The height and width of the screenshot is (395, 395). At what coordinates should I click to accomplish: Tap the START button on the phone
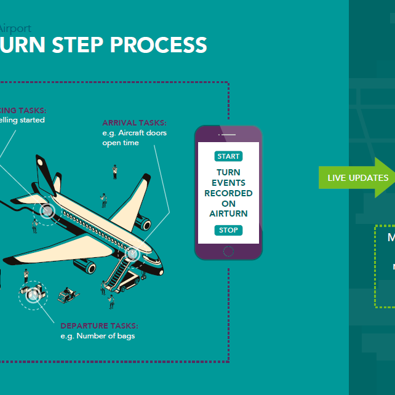tap(228, 156)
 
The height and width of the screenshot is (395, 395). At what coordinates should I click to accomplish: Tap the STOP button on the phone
tap(228, 231)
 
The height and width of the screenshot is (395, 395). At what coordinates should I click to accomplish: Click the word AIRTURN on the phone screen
tap(228, 213)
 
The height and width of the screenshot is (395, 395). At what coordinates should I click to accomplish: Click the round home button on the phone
tap(228, 251)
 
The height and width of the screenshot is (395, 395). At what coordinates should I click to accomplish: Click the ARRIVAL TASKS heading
tap(134, 123)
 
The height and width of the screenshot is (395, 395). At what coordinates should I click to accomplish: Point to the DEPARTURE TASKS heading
tap(99, 325)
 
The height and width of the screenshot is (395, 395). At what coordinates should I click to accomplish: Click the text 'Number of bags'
tap(106, 336)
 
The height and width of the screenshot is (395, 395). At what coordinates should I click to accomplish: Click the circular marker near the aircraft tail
tap(47, 211)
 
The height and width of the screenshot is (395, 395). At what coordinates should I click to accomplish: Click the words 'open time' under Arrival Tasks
tap(121, 143)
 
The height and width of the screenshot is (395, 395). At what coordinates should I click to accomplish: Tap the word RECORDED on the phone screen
tap(228, 193)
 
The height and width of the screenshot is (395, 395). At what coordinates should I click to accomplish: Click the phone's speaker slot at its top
tap(228, 134)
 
